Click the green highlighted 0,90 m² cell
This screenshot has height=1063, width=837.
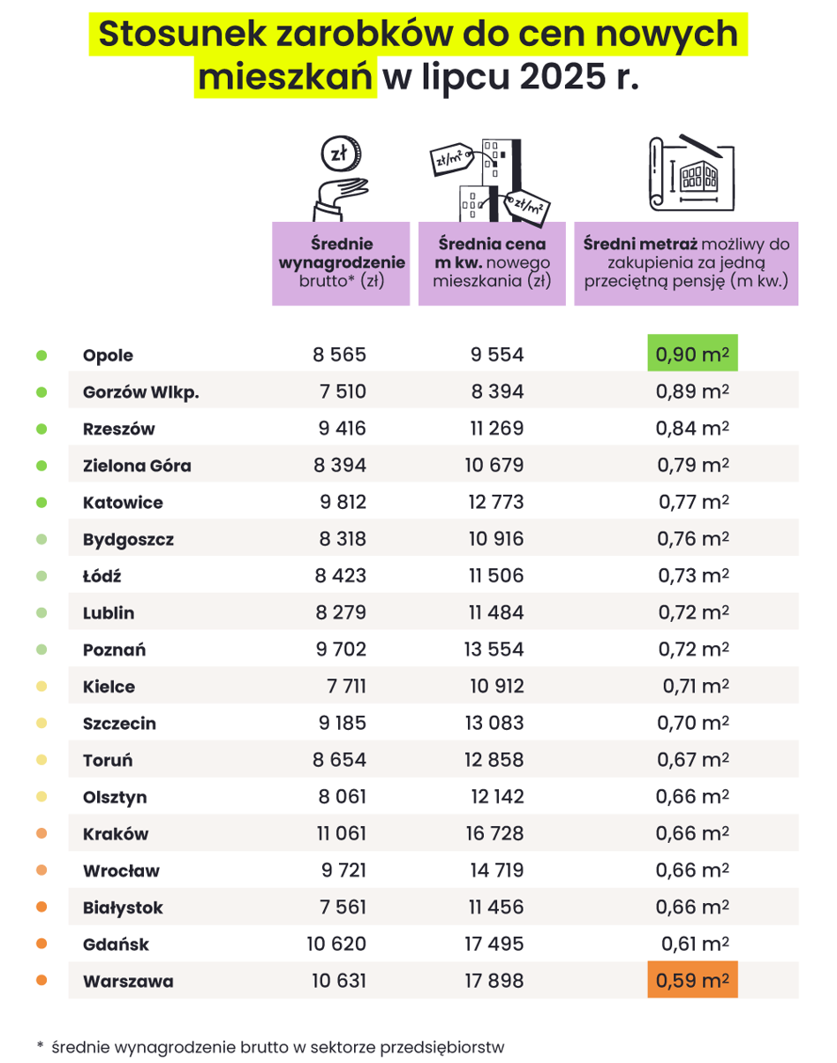point(692,353)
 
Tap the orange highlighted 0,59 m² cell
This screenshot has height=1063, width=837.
point(692,979)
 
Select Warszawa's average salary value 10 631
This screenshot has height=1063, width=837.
point(338,981)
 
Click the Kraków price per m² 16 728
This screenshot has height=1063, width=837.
point(494,833)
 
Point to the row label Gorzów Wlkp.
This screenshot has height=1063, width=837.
point(140,392)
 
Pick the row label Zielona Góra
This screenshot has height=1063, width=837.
point(137,466)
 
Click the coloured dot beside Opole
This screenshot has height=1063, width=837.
point(41,355)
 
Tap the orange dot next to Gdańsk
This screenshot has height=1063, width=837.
point(41,944)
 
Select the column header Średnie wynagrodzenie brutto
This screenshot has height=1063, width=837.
point(341,263)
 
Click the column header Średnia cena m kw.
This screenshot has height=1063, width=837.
point(492,263)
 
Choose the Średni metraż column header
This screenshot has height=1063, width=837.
point(686,263)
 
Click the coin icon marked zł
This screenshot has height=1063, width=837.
point(341,154)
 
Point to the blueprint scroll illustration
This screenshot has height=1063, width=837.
point(691,172)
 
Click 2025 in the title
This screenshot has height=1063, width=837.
point(562,77)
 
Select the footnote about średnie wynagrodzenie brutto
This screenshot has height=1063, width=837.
point(271,1047)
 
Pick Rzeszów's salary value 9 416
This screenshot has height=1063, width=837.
point(342,429)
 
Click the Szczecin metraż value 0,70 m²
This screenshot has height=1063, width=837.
point(693,723)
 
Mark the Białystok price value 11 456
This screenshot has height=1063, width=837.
point(496,907)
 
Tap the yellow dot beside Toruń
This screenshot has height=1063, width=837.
point(41,760)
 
